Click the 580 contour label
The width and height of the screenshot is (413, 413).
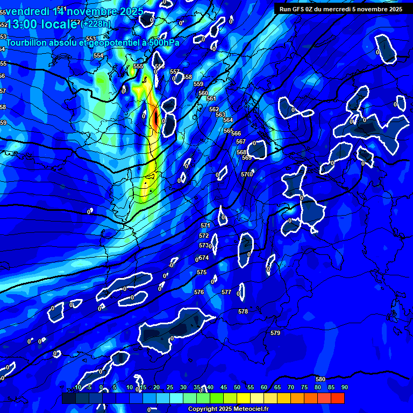pyautogui.click(x=321, y=379)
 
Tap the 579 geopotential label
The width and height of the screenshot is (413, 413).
pyautogui.click(x=275, y=333)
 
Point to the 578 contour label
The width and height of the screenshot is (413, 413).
pyautogui.click(x=243, y=311)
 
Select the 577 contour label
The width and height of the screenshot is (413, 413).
pyautogui.click(x=226, y=292)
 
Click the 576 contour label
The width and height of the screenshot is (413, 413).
pyautogui.click(x=199, y=292)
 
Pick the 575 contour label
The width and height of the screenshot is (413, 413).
pyautogui.click(x=202, y=273)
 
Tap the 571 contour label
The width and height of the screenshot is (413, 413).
pyautogui.click(x=205, y=225)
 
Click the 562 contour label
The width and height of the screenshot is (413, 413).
pyautogui.click(x=214, y=109)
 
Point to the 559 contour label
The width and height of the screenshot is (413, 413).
pyautogui.click(x=198, y=84)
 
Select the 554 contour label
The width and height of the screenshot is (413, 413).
pyautogui.click(x=98, y=55)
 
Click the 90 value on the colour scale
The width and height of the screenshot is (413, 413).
pyautogui.click(x=344, y=387)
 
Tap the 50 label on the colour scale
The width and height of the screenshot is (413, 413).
pyautogui.click(x=237, y=387)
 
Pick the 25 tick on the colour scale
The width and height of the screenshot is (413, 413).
pyautogui.click(x=170, y=387)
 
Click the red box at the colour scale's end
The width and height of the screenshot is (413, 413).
pyautogui.click(x=338, y=398)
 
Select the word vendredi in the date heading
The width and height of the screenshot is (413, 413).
pyautogui.click(x=26, y=11)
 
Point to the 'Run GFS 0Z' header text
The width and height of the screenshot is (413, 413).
pyautogui.click(x=300, y=9)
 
